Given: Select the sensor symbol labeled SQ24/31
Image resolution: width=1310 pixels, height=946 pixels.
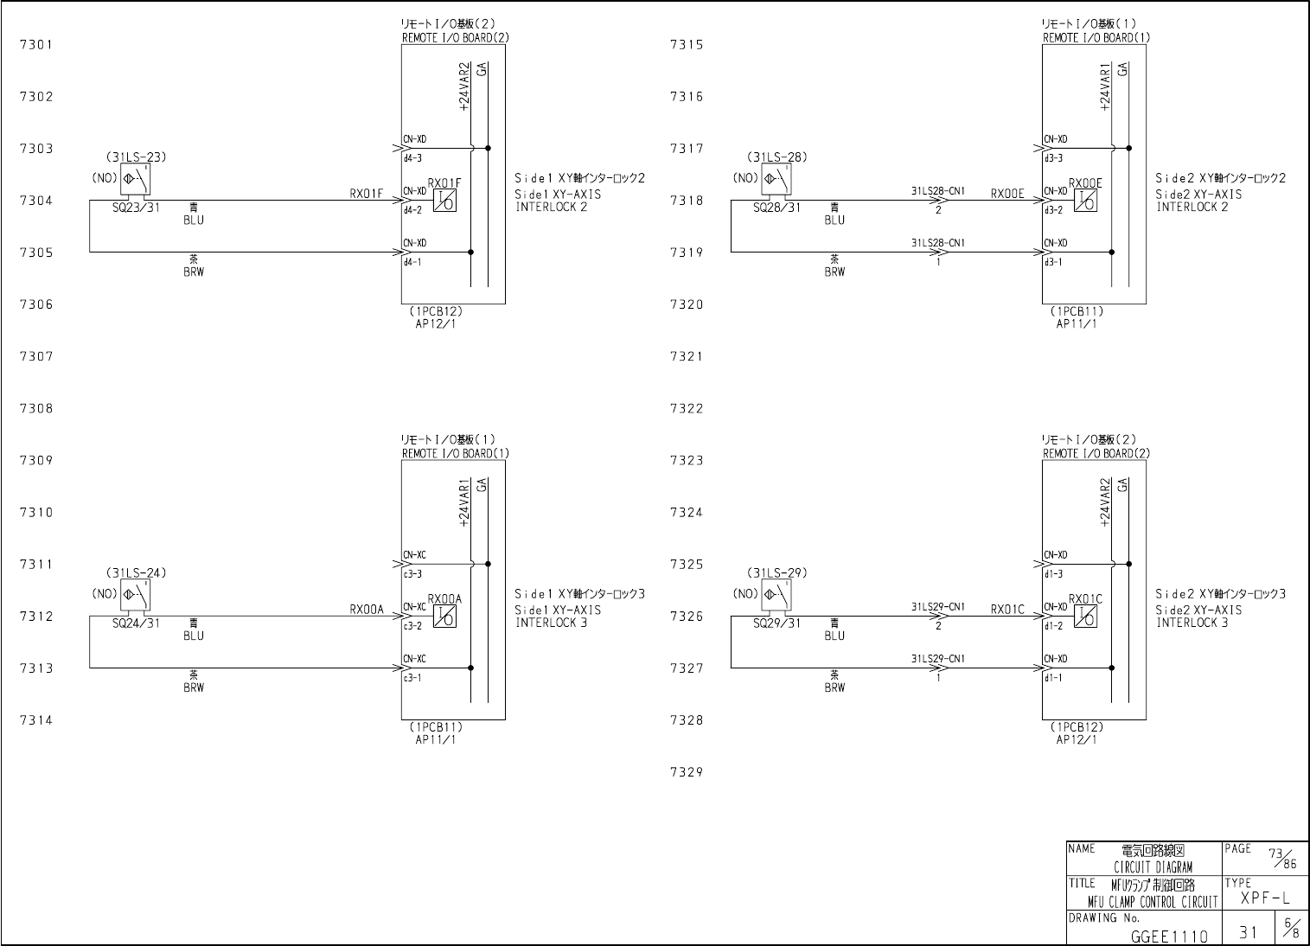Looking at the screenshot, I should point(137,596).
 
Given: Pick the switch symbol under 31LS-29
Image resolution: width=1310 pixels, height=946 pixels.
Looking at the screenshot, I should point(778,596).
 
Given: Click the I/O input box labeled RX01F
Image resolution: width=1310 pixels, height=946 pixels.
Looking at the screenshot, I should point(445,201).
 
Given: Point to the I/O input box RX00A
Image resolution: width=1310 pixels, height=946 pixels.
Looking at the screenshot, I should point(445,617).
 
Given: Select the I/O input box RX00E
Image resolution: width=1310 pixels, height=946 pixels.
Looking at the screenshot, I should point(1086,201).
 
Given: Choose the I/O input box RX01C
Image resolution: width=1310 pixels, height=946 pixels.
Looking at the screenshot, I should point(1086,617).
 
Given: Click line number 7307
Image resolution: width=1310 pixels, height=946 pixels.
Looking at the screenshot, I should point(36,356).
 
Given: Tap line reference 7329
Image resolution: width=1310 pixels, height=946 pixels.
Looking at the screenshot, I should point(687,772).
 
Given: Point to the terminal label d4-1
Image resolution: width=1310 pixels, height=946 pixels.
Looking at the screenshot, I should point(412,262).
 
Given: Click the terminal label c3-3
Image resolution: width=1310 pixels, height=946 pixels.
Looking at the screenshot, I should point(412,573).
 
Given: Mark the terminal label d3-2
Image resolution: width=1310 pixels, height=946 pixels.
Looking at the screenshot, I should point(1053,210).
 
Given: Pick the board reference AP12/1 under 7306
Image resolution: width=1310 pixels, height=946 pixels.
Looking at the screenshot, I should point(436,323).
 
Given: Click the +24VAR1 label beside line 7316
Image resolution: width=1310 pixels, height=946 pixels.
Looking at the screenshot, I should point(1104,87).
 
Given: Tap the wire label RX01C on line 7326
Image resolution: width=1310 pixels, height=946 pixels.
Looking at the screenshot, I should point(1007,610).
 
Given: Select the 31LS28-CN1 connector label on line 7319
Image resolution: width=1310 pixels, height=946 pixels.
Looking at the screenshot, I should point(938,243).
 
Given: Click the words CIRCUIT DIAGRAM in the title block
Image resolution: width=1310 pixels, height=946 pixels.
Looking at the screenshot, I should point(1153,867).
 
